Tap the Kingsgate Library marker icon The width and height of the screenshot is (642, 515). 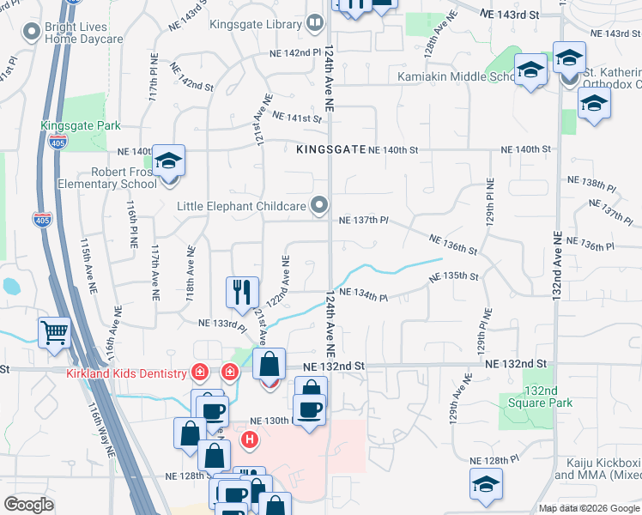[x=315, y=23]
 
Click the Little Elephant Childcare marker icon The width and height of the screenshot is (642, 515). [x=320, y=205]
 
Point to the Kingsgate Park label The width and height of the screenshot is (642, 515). [x=81, y=125]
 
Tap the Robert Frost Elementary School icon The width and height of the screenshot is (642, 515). [x=169, y=161]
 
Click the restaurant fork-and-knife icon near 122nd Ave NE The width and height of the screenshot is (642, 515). [x=242, y=292]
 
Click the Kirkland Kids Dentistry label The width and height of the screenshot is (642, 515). [x=126, y=373]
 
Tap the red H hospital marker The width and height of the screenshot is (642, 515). [x=250, y=441]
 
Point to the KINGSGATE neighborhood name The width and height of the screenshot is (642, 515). [x=330, y=149]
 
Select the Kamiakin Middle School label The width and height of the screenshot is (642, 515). [x=455, y=76]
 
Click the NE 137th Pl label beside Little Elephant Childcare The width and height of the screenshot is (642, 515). [x=364, y=221]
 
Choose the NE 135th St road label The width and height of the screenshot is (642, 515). [x=453, y=276]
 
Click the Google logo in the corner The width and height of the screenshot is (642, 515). [x=28, y=505]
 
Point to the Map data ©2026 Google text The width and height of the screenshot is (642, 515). [x=589, y=508]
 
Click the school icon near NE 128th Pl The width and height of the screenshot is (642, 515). [x=486, y=484]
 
